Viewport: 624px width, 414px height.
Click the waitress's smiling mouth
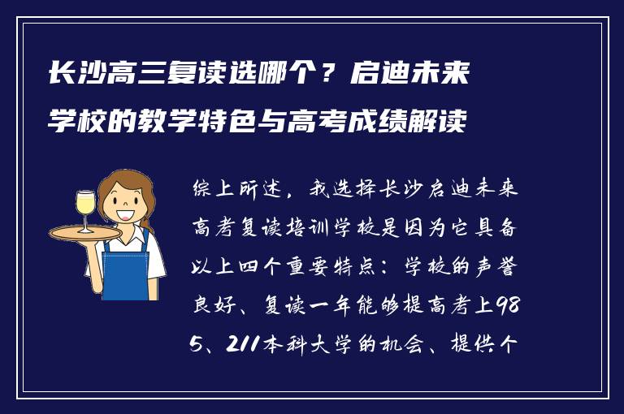(127, 216)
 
